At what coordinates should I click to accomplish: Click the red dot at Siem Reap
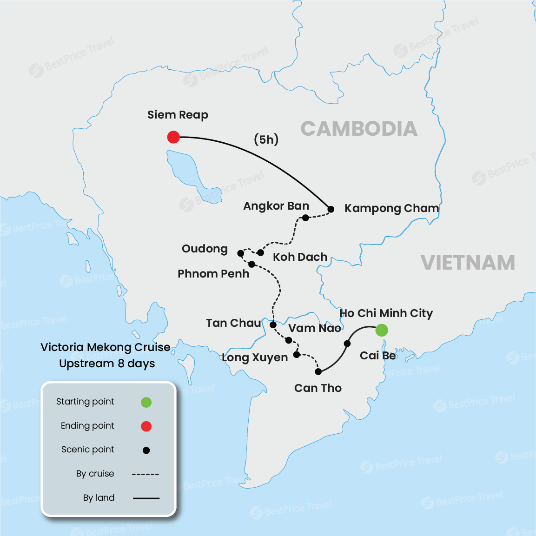(x=173, y=137)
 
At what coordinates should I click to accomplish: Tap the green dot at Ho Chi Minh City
(x=381, y=330)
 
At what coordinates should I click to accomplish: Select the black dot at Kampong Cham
(x=331, y=209)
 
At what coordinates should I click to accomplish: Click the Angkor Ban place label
(x=276, y=206)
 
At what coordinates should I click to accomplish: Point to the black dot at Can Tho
(x=318, y=371)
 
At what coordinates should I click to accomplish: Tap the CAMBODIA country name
(x=358, y=129)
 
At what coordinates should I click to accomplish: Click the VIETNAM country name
(x=468, y=263)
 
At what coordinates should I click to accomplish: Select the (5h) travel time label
(x=266, y=139)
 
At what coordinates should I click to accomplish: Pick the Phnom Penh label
(x=213, y=274)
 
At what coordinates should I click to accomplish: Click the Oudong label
(x=205, y=249)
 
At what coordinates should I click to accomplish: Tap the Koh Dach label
(x=300, y=257)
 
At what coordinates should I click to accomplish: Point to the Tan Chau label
(x=233, y=323)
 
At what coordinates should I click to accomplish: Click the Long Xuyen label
(x=255, y=357)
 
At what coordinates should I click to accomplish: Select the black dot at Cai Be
(x=347, y=344)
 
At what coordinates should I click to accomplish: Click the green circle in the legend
(x=146, y=402)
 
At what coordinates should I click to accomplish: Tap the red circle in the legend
(x=146, y=426)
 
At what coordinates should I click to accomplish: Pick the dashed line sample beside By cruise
(x=146, y=474)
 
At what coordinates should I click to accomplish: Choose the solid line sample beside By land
(x=146, y=498)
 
